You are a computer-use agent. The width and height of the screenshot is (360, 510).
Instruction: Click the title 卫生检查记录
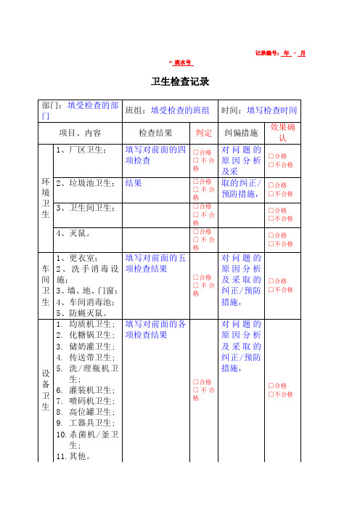click(180, 81)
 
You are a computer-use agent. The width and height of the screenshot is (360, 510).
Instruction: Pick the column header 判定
click(204, 133)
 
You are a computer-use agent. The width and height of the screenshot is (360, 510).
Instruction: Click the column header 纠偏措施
click(241, 133)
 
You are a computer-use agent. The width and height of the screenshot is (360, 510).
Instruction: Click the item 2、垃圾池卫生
click(85, 183)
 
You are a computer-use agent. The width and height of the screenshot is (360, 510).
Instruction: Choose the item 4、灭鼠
click(74, 234)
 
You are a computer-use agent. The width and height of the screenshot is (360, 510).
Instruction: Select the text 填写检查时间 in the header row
click(272, 111)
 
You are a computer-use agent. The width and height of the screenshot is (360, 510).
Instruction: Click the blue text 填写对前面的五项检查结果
click(155, 263)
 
